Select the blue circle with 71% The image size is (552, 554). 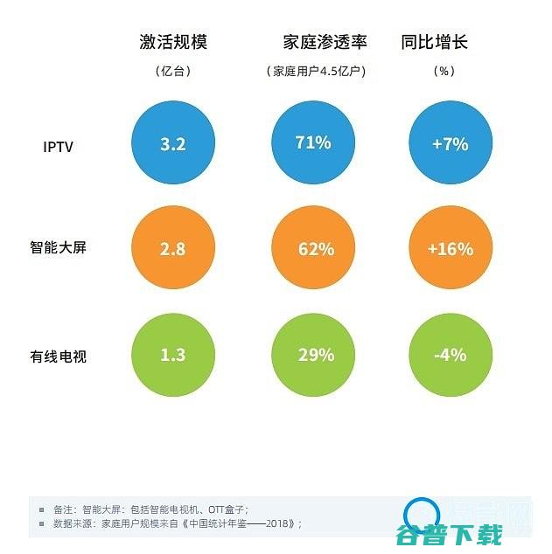pyautogui.click(x=314, y=143)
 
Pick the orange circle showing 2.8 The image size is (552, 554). pyautogui.click(x=173, y=248)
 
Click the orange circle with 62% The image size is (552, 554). pyautogui.click(x=314, y=248)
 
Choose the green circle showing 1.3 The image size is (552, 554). pyautogui.click(x=173, y=355)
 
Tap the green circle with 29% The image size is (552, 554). pyautogui.click(x=314, y=355)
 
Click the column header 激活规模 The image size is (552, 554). pyautogui.click(x=173, y=42)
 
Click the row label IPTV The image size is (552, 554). pyautogui.click(x=58, y=146)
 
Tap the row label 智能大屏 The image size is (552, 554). pyautogui.click(x=58, y=248)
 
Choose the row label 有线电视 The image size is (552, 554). pyautogui.click(x=58, y=356)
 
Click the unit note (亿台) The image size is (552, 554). pyautogui.click(x=173, y=72)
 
